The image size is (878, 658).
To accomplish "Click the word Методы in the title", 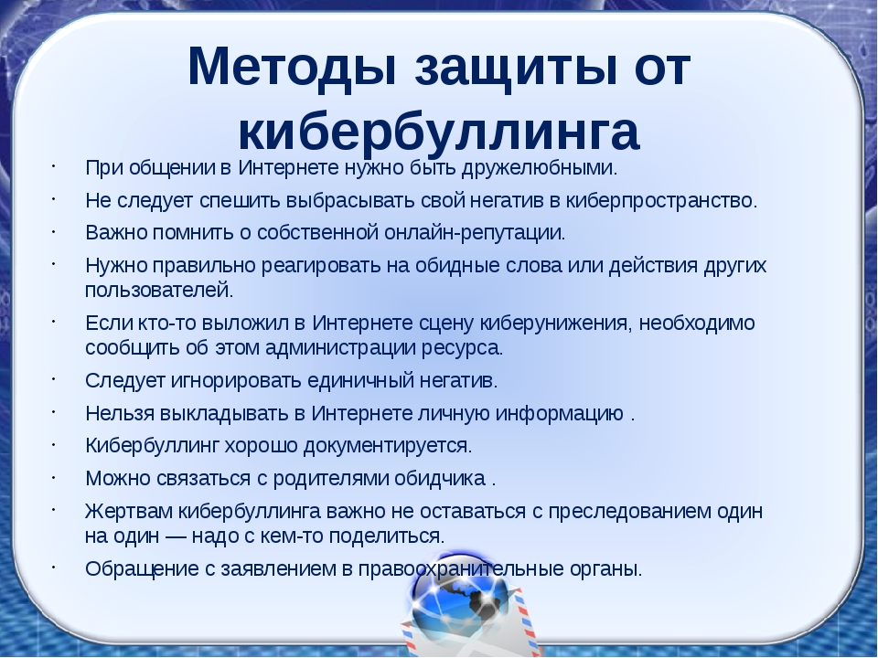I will pyautogui.click(x=291, y=68).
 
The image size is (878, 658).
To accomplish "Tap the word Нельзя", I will pyautogui.click(x=114, y=412).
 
